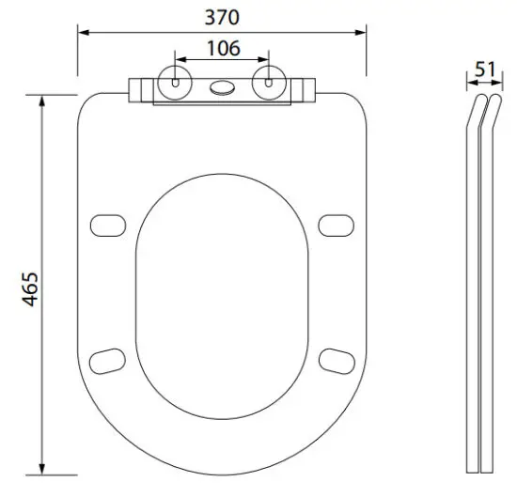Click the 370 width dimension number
pos(223,17)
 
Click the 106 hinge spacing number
pos(223,48)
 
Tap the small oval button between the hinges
pos(223,88)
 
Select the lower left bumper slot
pos(111,359)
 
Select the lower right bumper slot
pos(334,359)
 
